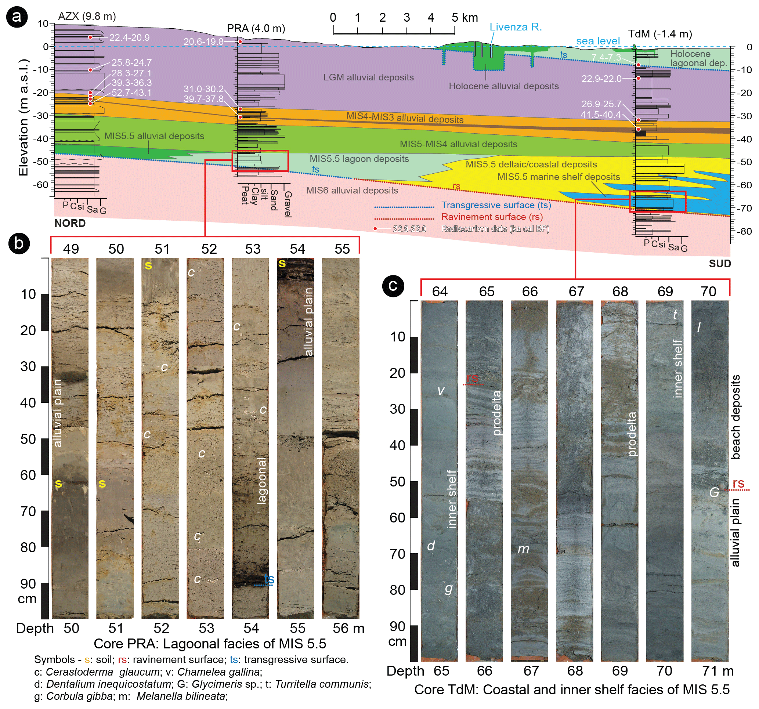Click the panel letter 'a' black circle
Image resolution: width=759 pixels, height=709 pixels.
[x=17, y=17]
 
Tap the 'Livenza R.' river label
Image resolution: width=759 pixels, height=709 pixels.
[x=516, y=27]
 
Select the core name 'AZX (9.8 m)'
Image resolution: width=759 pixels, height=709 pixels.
[x=87, y=17]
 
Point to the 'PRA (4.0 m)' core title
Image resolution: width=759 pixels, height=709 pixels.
[x=256, y=28]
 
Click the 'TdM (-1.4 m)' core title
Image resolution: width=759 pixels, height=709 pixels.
[x=660, y=34]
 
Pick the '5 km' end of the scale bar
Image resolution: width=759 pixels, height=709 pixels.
[x=465, y=18]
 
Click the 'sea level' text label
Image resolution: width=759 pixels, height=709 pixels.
[x=598, y=41]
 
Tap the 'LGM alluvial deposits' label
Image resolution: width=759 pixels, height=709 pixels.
[x=368, y=77]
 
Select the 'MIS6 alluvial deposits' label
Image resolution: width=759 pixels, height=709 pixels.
[x=352, y=190]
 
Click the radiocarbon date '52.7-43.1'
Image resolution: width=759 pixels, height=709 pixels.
[x=131, y=93]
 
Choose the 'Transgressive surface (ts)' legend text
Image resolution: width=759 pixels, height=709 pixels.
[x=496, y=205]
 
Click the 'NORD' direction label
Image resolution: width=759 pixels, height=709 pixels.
[x=70, y=223]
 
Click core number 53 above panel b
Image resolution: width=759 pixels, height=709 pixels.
[x=252, y=249]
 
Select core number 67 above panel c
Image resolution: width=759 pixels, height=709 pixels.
[x=577, y=291]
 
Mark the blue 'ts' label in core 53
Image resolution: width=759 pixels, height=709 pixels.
[x=269, y=579]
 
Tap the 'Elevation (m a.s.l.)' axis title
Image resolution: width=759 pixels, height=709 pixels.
[x=23, y=117]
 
